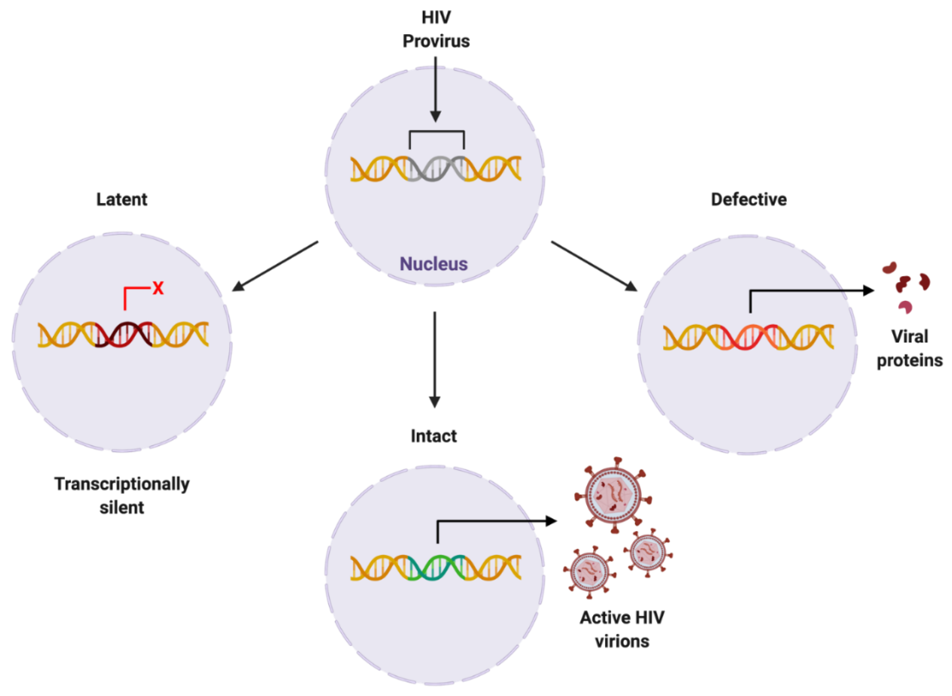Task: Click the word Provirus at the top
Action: pos(436,41)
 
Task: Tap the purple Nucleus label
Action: pos(433,264)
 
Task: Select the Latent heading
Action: pos(122,199)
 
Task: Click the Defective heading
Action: pos(749,199)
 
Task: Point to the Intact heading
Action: pos(433,436)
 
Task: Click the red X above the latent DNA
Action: pos(158,288)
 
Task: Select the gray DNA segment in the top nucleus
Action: pos(437,169)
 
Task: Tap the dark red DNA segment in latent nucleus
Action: pos(124,335)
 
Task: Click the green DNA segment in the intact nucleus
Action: pos(437,568)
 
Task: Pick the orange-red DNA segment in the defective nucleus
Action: pos(749,338)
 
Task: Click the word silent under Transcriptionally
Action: pos(122,508)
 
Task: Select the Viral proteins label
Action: pos(909,348)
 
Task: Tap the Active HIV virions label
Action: pos(622,630)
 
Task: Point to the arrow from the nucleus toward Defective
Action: pos(594,266)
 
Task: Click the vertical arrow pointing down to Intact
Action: pos(435,358)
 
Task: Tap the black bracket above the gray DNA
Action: pos(437,132)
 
